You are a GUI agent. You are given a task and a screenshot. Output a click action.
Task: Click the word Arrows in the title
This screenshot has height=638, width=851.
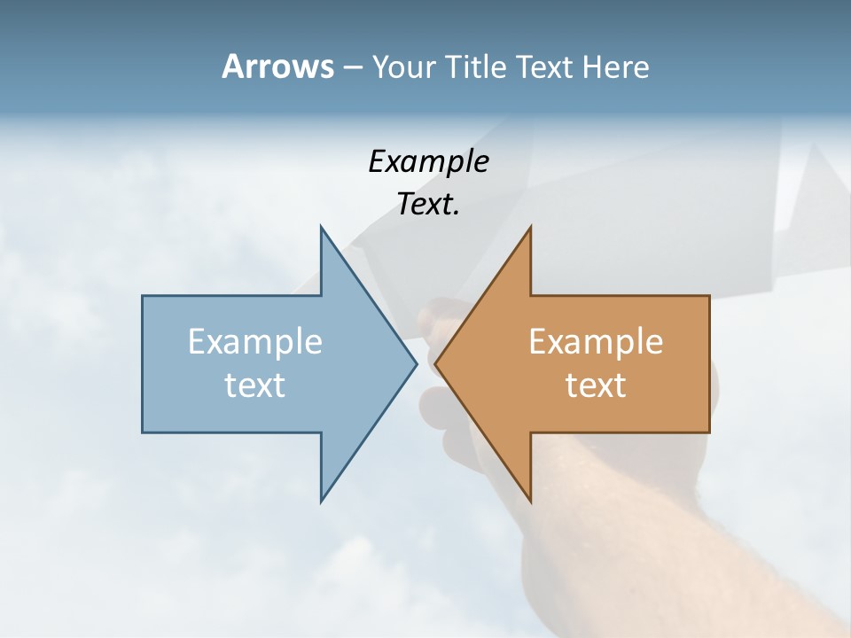coord(277,67)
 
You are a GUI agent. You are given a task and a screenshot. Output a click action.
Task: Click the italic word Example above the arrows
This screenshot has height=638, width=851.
coord(428,161)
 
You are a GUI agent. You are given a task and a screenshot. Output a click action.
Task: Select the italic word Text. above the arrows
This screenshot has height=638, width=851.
coord(428,204)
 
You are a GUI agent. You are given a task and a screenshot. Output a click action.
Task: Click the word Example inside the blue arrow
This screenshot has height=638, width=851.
coord(255,342)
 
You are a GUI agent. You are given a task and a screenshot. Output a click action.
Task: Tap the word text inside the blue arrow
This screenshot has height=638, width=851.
coord(255,385)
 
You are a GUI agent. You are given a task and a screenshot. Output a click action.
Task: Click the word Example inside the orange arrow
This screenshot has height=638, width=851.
coord(596,342)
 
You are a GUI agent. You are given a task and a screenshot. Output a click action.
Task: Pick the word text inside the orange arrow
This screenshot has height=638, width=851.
coord(596,385)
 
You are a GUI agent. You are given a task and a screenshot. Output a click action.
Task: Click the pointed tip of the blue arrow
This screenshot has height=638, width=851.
coord(416,363)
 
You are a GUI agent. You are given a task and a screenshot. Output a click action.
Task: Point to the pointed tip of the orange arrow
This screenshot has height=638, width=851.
coord(436,363)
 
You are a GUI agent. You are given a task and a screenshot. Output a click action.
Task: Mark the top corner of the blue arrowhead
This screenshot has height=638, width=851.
coord(322,227)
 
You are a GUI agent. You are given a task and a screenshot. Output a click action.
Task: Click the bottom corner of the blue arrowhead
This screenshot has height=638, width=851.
coord(322,502)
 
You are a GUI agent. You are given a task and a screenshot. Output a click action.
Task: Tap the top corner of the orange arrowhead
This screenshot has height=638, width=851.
coord(530,227)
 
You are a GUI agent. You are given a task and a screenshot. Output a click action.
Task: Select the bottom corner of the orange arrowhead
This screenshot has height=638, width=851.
coord(530,502)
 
